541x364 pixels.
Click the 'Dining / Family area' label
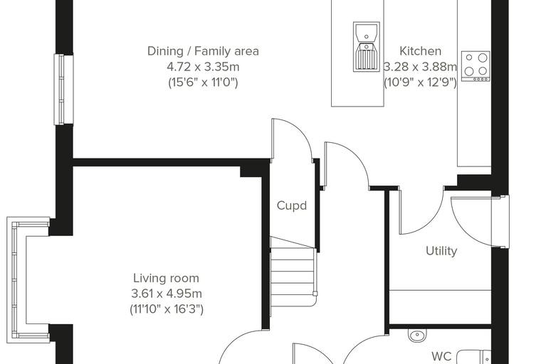tap(203, 51)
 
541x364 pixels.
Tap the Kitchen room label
tap(420, 51)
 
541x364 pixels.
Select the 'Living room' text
tap(166, 278)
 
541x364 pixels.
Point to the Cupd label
tap(292, 205)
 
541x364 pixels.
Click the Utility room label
tap(441, 250)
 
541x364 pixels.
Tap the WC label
tap(441, 356)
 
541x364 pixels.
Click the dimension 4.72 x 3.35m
tap(203, 67)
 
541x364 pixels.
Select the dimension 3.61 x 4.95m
tap(167, 294)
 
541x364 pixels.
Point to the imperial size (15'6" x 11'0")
tap(203, 82)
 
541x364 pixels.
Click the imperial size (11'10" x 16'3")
tap(167, 309)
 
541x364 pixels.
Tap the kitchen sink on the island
tap(367, 46)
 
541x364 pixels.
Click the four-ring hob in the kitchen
tap(476, 66)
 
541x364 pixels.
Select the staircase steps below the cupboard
tap(293, 276)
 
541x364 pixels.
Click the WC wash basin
tap(417, 336)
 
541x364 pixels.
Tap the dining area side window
tap(63, 90)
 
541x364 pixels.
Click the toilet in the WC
tap(473, 357)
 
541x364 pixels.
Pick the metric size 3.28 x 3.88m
tap(420, 67)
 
